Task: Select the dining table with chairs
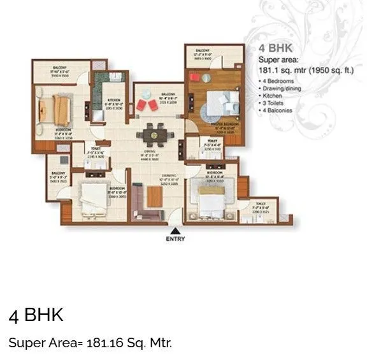pyautogui.click(x=152, y=134)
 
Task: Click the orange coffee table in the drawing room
pyautogui.click(x=154, y=198)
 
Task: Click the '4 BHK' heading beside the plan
pyautogui.click(x=273, y=48)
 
